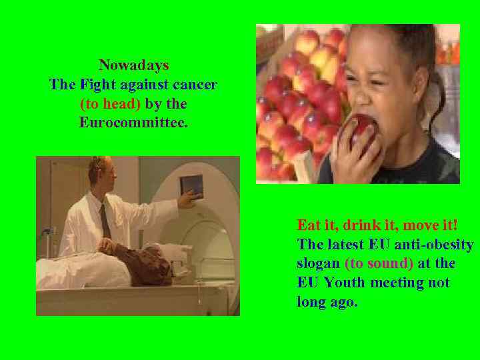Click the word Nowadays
pyautogui.click(x=133, y=65)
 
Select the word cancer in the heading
pyautogui.click(x=195, y=85)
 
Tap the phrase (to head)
pyautogui.click(x=110, y=104)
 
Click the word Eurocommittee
pyautogui.click(x=133, y=123)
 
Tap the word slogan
pyautogui.click(x=318, y=263)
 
